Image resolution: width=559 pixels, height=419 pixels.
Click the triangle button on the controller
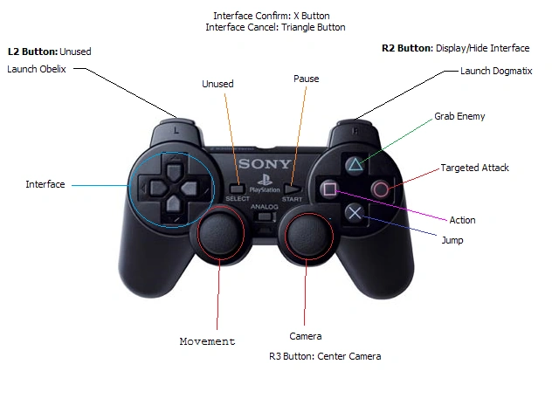click(353, 163)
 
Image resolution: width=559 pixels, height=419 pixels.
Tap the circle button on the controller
click(381, 189)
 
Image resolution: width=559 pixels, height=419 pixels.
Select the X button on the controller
click(353, 212)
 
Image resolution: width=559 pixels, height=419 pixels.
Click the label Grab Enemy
click(459, 116)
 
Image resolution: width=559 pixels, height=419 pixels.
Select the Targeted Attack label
click(474, 168)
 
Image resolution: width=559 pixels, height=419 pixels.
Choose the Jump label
click(452, 240)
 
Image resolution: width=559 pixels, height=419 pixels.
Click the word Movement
click(207, 341)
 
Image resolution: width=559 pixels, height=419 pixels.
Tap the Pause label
click(307, 79)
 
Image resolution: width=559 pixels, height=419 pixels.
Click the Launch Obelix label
click(37, 68)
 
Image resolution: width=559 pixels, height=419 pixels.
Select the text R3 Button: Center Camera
click(325, 356)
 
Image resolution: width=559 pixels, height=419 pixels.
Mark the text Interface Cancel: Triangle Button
click(275, 27)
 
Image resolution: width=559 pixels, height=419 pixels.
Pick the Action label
click(462, 220)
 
